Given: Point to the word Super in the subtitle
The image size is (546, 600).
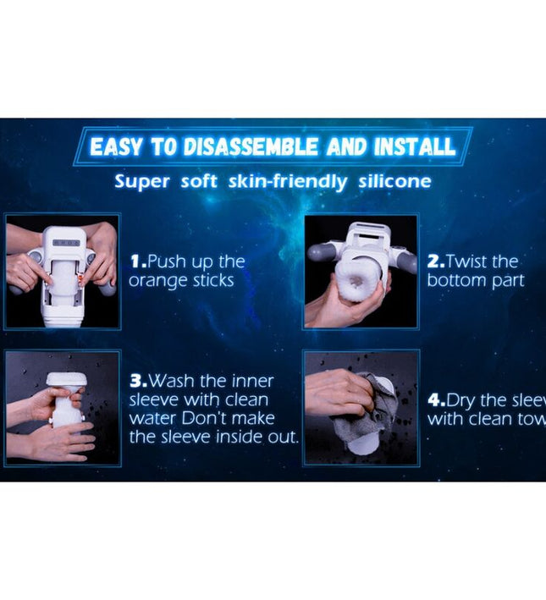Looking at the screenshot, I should (x=141, y=181).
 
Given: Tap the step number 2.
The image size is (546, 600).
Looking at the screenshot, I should (x=434, y=261).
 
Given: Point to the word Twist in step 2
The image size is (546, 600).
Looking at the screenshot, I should (x=472, y=261).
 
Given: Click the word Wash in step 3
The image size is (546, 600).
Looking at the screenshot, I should (x=173, y=383).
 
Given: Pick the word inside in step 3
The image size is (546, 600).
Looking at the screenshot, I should (x=234, y=438).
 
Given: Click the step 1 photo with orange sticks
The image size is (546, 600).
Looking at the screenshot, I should (x=63, y=272).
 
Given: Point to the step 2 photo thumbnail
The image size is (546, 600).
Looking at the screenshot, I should (x=361, y=272).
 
